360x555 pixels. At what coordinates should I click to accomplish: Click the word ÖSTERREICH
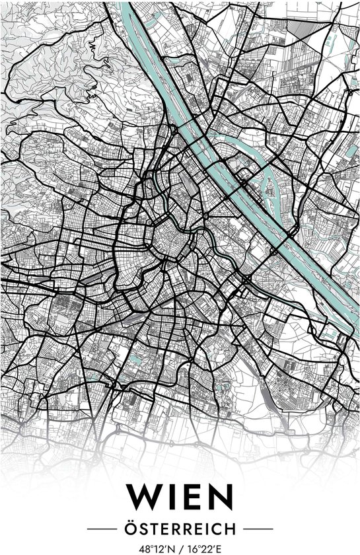coord(180,528)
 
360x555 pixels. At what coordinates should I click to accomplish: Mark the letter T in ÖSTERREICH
coord(151,529)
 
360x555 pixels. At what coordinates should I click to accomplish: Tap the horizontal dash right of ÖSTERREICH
coord(258,529)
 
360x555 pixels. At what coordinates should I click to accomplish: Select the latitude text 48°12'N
coord(153,548)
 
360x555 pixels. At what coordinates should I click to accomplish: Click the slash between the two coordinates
coord(179,548)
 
